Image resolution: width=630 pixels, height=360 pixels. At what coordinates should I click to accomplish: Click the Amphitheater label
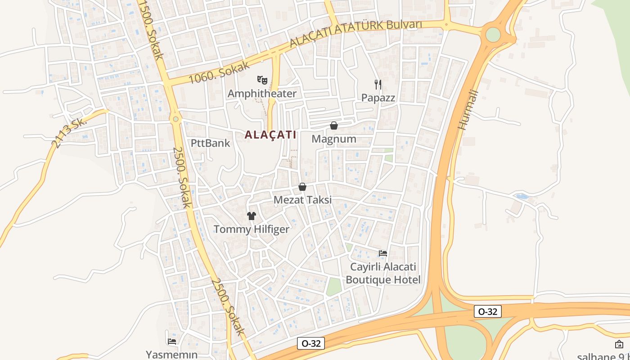click(262, 94)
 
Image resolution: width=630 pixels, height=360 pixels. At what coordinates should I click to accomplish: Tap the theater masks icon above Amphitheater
click(262, 81)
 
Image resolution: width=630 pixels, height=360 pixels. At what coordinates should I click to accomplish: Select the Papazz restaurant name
click(378, 98)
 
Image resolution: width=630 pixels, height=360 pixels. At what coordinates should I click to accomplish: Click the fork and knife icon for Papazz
click(378, 84)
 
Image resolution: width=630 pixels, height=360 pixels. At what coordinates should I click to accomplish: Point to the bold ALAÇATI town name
click(270, 135)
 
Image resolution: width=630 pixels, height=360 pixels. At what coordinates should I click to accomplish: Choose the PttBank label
click(210, 143)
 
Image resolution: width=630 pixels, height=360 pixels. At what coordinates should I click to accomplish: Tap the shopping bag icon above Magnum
click(334, 126)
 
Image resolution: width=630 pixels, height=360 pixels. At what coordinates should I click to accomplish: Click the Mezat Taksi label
click(303, 200)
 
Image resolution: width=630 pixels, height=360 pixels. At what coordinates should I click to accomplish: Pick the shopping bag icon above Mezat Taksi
click(302, 187)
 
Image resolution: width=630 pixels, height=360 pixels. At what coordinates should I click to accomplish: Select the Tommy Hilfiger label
click(251, 229)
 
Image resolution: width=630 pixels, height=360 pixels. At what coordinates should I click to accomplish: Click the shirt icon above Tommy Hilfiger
click(251, 216)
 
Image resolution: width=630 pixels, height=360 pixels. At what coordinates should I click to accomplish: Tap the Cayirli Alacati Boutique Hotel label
click(383, 273)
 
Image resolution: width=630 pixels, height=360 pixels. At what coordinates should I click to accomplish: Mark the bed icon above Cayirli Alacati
click(383, 253)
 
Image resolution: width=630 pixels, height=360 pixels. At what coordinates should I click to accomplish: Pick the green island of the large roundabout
click(493, 35)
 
